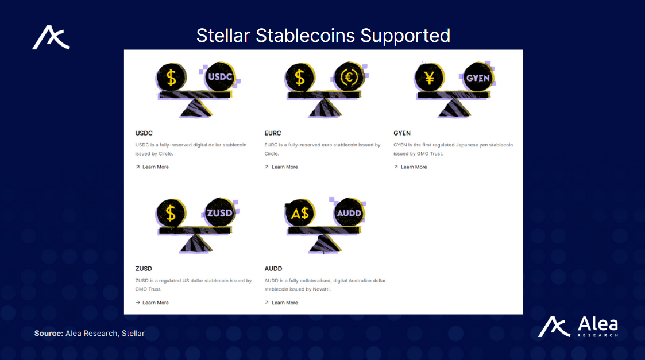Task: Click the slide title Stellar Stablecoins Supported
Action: tap(323, 36)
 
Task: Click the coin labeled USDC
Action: tap(221, 77)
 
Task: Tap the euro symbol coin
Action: tap(349, 77)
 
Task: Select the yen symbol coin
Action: tap(428, 77)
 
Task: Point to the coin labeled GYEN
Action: tap(478, 78)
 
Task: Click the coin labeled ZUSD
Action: tap(220, 213)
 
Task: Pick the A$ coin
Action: tap(300, 213)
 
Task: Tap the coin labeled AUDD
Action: tap(349, 213)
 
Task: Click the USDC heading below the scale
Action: tap(144, 133)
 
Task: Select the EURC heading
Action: tap(273, 133)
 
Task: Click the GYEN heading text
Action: tap(402, 133)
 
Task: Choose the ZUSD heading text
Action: tap(144, 269)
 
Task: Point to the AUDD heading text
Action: tap(273, 269)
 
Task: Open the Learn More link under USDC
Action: tap(155, 167)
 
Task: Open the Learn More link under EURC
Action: tap(284, 167)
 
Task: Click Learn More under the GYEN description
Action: tap(414, 167)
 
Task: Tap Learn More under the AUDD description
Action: tap(284, 303)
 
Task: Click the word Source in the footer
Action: tap(48, 333)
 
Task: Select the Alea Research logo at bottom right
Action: tap(578, 327)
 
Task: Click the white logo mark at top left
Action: tap(51, 38)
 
